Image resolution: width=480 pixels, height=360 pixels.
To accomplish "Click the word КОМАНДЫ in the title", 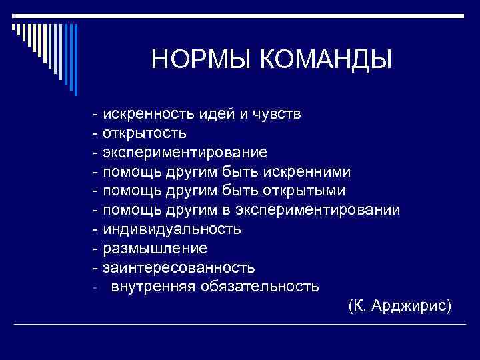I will click(x=326, y=59).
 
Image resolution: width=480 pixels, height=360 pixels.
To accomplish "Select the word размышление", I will click(x=155, y=249).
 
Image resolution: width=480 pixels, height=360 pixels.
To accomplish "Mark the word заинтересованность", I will click(x=179, y=268).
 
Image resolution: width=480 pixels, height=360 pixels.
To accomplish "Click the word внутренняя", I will click(x=149, y=287).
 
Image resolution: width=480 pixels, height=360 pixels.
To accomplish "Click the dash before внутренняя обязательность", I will click(x=96, y=288).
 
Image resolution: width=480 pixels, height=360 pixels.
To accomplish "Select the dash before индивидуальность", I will click(x=97, y=229).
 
